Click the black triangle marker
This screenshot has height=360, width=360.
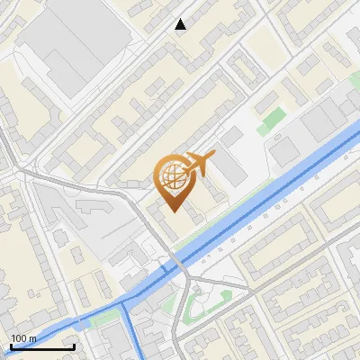tap(181, 24)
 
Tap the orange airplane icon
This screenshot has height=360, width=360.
tap(199, 164)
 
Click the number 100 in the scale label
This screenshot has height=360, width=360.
tap(18, 339)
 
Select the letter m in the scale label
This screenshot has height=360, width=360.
tap(32, 339)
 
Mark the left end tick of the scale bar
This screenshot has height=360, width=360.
tap(10, 346)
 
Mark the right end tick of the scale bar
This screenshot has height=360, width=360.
tap(75, 346)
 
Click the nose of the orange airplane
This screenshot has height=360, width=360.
tap(213, 156)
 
